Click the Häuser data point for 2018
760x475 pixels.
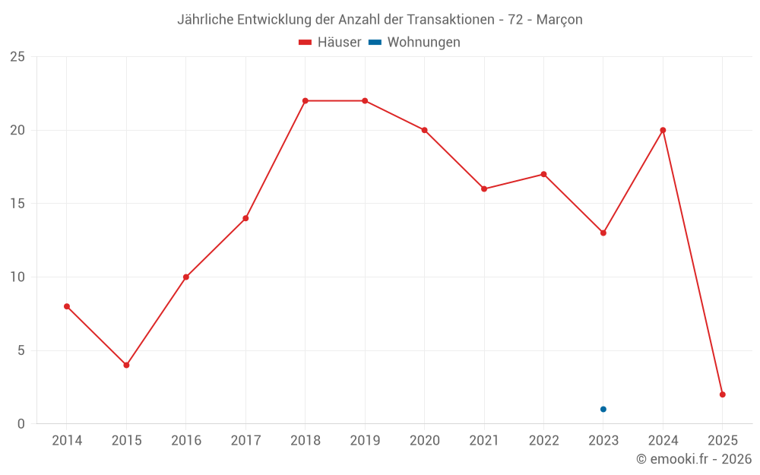pyautogui.click(x=305, y=100)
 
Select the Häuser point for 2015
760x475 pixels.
pyautogui.click(x=126, y=365)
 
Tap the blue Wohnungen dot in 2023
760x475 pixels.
pyautogui.click(x=603, y=409)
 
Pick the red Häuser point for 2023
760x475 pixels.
pyautogui.click(x=603, y=233)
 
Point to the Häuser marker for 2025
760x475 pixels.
pyautogui.click(x=723, y=394)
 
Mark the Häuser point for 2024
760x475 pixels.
pyautogui.click(x=663, y=130)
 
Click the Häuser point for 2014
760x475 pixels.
pyautogui.click(x=67, y=306)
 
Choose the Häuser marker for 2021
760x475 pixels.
pyautogui.click(x=484, y=188)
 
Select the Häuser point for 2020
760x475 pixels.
pyautogui.click(x=425, y=130)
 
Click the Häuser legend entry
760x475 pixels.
pyautogui.click(x=330, y=43)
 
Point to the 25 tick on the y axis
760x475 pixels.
pyautogui.click(x=17, y=57)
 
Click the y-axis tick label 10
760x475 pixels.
pyautogui.click(x=17, y=277)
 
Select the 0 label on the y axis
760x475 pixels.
pyautogui.click(x=21, y=423)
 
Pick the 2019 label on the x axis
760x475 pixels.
pyautogui.click(x=365, y=441)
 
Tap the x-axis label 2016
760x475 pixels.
pyautogui.click(x=186, y=441)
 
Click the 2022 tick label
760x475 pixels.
pyautogui.click(x=543, y=441)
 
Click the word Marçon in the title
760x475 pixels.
pyautogui.click(x=559, y=20)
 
